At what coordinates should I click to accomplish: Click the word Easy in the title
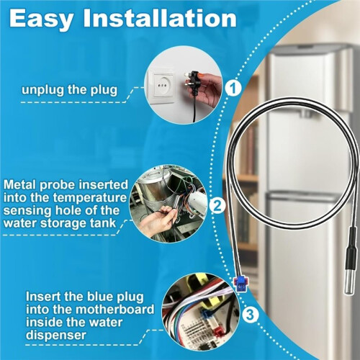(41, 19)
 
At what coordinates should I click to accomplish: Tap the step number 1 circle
(233, 89)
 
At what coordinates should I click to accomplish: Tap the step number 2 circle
(217, 206)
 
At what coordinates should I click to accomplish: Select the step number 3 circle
(250, 315)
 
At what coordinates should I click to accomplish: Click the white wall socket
(163, 86)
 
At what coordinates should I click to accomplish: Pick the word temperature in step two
(90, 198)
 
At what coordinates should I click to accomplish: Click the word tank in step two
(105, 223)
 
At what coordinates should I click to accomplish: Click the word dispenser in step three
(56, 335)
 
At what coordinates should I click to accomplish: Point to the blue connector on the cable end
(240, 284)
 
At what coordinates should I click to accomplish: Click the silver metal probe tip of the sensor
(351, 281)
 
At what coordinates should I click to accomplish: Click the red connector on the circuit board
(217, 332)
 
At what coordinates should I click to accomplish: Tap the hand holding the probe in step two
(156, 218)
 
